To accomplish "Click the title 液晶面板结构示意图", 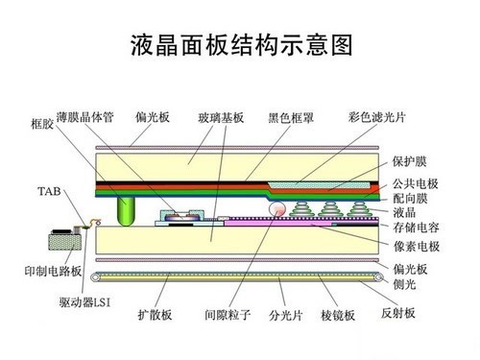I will coord(241,44).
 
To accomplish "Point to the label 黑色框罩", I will coord(291,116).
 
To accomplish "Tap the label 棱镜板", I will coord(339,313).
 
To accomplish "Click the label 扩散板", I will coord(155,313).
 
